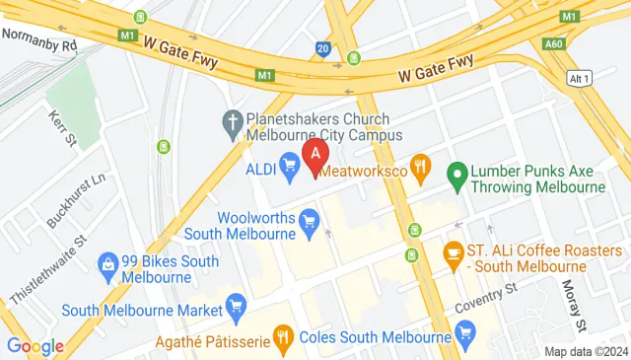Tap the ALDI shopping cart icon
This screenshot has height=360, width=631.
point(290,165)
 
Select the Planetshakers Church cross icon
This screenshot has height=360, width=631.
point(233,122)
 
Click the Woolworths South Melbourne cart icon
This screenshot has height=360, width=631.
point(310,219)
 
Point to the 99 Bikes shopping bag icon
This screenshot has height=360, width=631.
point(106,263)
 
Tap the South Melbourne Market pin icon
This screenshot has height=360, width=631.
point(235,309)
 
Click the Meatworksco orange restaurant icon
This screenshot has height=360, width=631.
point(420,167)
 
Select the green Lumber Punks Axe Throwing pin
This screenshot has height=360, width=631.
point(456,177)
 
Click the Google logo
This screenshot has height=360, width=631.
point(35,345)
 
